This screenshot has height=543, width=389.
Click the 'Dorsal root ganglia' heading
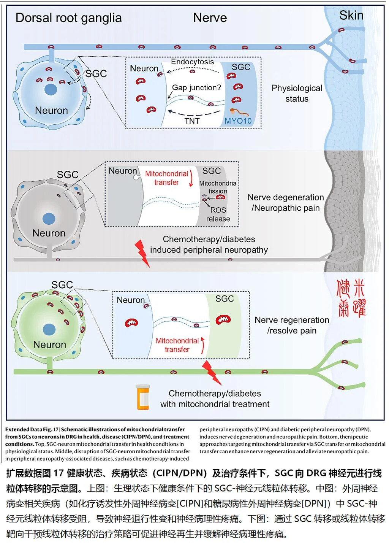[68, 18]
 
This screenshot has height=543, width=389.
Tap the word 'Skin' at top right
[351, 15]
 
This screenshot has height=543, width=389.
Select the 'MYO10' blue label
[238, 121]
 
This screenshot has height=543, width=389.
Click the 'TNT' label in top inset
[192, 121]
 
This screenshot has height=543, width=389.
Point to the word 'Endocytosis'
[192, 62]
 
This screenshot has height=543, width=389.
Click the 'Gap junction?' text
[196, 87]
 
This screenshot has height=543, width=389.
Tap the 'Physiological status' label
[297, 94]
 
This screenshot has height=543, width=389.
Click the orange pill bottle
[143, 397]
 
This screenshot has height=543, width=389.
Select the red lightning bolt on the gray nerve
[142, 253]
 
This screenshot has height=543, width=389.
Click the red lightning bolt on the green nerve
[212, 373]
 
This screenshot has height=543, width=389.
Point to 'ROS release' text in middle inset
[218, 214]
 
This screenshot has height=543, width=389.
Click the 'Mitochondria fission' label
[218, 187]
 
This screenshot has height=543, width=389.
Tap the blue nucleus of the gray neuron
[49, 219]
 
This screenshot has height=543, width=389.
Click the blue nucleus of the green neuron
[49, 330]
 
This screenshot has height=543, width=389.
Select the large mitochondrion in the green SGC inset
[223, 320]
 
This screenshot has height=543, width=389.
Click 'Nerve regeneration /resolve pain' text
[292, 325]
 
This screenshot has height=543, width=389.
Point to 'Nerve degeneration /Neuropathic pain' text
[286, 203]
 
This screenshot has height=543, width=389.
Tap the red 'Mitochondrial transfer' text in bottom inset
[177, 345]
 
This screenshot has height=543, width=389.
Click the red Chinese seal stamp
[351, 298]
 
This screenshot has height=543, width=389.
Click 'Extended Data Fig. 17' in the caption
[32, 429]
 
